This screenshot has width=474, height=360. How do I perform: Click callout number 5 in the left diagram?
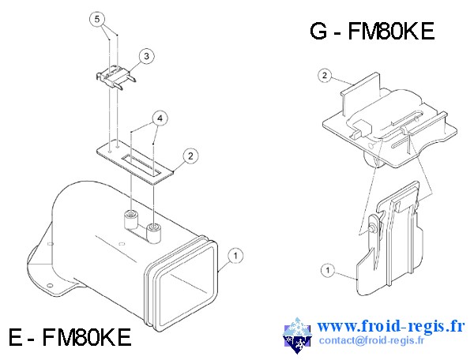[x=96, y=17]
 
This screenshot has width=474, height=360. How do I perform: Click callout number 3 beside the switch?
[x=148, y=56]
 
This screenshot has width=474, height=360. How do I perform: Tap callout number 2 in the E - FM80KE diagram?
[x=190, y=156]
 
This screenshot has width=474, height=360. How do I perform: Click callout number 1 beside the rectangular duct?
[x=235, y=255]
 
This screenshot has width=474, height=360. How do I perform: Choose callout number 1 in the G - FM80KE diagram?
[x=326, y=270]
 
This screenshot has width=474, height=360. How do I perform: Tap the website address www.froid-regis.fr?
[x=392, y=325]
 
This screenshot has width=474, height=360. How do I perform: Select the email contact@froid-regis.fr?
[x=371, y=341]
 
